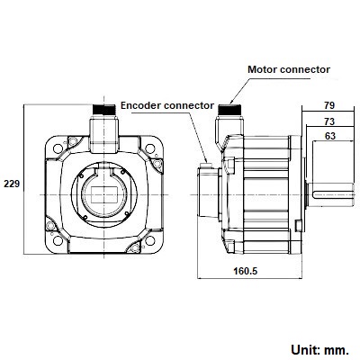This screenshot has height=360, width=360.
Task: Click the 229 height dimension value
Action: pos(12,184)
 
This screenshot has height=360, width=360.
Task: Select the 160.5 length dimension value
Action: pos(246,271)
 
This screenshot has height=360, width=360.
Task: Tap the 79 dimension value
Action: pos(329,105)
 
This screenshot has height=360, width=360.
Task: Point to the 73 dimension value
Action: pos(329,121)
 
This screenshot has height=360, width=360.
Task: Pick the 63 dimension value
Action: pos(330,136)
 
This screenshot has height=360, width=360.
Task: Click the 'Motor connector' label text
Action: pos(289,69)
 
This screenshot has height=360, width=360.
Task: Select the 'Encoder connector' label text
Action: pos(167,105)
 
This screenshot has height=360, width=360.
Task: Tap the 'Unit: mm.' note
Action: pos(320,349)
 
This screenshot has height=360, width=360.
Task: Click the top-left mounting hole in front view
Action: pos(58,148)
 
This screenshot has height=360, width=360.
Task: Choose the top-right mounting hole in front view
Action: pos(150,148)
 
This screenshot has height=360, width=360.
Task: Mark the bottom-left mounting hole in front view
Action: pos(58,240)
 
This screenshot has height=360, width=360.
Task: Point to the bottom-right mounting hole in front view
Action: pos(150,240)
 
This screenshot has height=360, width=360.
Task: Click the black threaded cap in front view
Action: pos(104,110)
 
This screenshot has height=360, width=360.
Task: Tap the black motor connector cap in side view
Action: pos(229,110)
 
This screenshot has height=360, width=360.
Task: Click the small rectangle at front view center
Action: pos(104,194)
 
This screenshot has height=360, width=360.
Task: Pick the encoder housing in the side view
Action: pos(209,192)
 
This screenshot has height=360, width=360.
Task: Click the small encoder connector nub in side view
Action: pos(206,165)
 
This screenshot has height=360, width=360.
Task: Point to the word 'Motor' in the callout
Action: pos(263,69)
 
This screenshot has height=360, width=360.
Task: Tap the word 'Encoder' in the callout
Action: pos(140,105)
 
